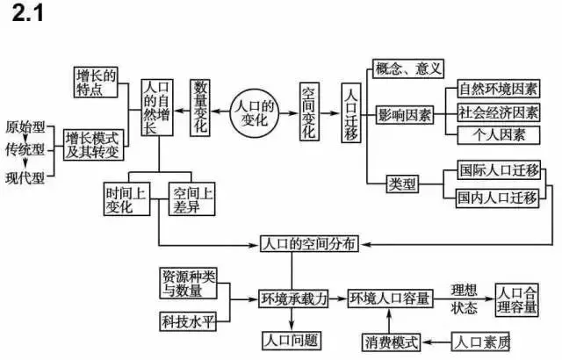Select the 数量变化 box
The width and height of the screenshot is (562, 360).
201,106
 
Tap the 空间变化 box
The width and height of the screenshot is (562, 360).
309,112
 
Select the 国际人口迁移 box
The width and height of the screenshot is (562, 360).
498,173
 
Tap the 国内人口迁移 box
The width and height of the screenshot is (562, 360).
498,198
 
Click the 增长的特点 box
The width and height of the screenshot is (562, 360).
97,82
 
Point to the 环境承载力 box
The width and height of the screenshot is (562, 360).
293,299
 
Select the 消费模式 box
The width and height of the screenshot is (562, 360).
392,340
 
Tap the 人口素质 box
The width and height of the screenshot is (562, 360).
479,340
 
